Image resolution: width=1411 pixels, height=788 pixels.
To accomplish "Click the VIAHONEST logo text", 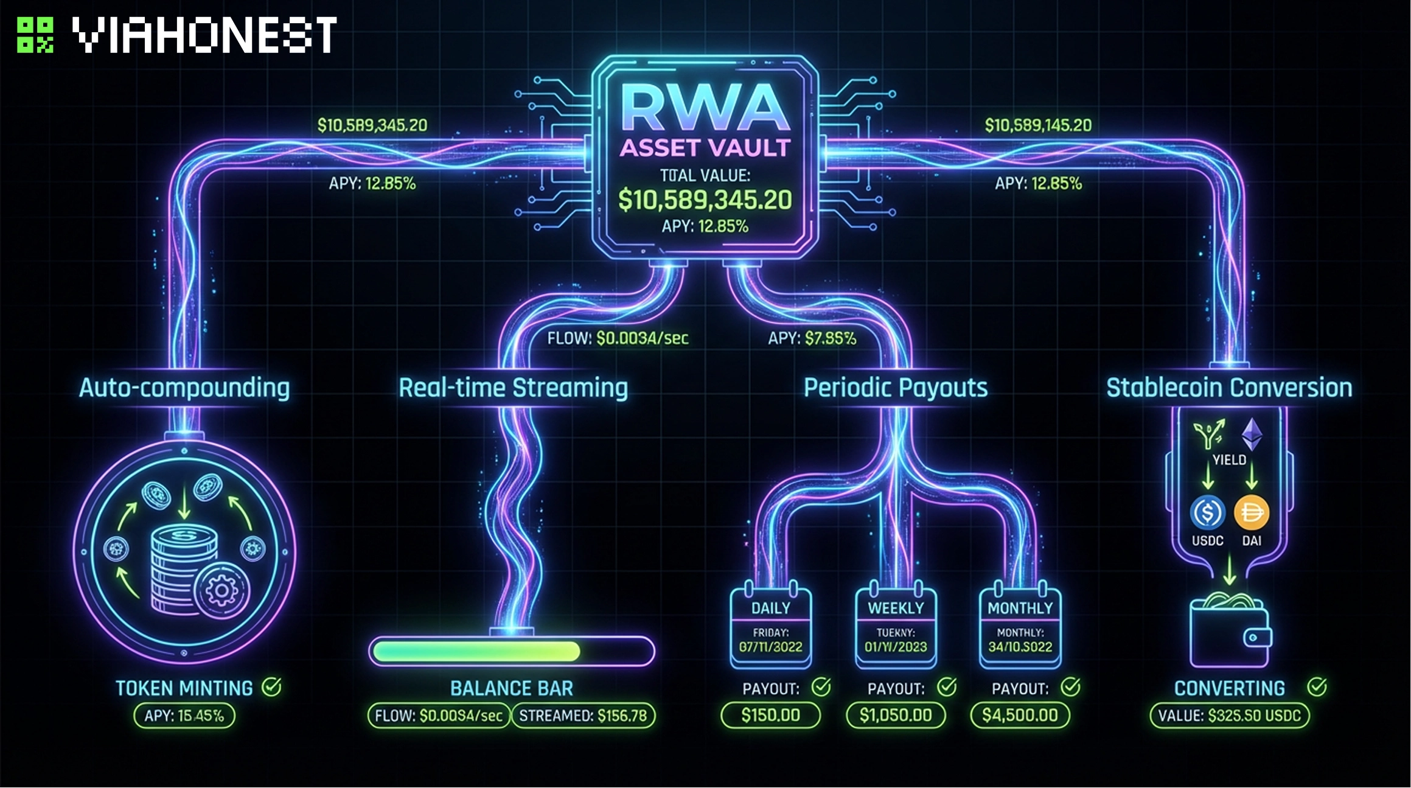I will (x=204, y=35).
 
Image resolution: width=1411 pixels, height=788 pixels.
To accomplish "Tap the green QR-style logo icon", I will (x=35, y=35).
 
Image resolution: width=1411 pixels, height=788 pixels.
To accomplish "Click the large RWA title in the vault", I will (x=705, y=108).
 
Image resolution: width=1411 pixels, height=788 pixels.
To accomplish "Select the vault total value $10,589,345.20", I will (x=705, y=200).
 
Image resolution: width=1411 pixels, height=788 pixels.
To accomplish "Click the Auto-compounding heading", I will (x=184, y=388).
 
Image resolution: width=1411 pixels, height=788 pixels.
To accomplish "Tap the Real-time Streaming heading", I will (x=513, y=388).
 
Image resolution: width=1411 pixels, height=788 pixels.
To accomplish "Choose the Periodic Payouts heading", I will (x=895, y=388).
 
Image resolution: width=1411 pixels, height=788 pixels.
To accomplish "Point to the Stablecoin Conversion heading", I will (x=1229, y=388).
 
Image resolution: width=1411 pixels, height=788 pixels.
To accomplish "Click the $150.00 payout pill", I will (x=770, y=715).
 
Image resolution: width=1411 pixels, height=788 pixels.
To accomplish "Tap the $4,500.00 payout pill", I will (x=1020, y=715).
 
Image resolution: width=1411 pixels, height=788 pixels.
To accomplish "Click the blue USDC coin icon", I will (x=1207, y=512).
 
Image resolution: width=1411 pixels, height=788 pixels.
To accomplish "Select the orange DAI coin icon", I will (x=1252, y=512).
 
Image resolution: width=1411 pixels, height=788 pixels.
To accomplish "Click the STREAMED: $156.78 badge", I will (x=583, y=716).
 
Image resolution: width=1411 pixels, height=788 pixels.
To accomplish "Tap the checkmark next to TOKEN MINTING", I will (x=271, y=687).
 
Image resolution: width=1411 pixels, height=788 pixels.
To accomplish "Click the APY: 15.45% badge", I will (x=184, y=716).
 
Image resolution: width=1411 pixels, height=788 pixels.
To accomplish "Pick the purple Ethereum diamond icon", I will (x=1252, y=434).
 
